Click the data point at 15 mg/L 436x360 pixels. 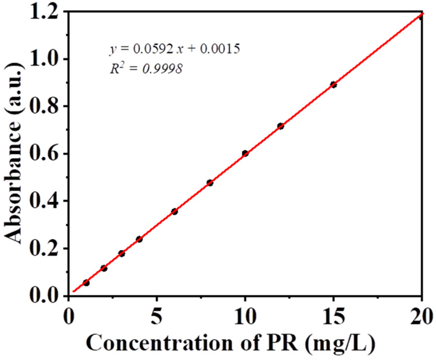click(x=333, y=85)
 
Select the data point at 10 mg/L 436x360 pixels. click(x=245, y=153)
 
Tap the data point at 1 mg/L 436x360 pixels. click(x=86, y=283)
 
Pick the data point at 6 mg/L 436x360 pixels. click(x=175, y=211)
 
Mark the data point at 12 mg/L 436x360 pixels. click(x=280, y=126)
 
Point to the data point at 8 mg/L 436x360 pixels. click(x=210, y=183)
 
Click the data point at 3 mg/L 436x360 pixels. click(x=121, y=253)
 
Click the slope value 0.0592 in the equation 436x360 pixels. click(x=153, y=49)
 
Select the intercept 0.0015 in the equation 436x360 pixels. click(x=220, y=49)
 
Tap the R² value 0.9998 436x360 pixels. click(x=162, y=69)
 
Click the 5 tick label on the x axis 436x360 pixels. click(x=157, y=316)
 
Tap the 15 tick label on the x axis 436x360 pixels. click(x=333, y=316)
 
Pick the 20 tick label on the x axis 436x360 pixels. click(x=421, y=316)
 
